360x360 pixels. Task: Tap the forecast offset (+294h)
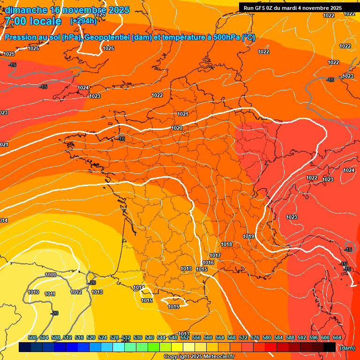click(83, 21)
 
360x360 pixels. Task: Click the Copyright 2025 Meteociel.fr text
click(199, 357)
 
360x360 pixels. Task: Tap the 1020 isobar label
click(177, 128)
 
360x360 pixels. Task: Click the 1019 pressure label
click(248, 236)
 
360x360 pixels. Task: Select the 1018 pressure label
click(226, 244)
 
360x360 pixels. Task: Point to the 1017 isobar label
click(215, 255)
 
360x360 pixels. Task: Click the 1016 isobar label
click(208, 262)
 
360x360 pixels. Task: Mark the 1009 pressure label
click(51, 275)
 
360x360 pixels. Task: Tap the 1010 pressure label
click(33, 292)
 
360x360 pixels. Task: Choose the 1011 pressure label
click(50, 294)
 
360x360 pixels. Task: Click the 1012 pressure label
click(76, 292)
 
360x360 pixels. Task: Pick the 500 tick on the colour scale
click(32, 337)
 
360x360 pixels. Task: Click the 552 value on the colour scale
click(185, 337)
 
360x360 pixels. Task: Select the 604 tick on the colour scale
click(337, 337)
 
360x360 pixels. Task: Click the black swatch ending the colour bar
click(329, 347)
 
